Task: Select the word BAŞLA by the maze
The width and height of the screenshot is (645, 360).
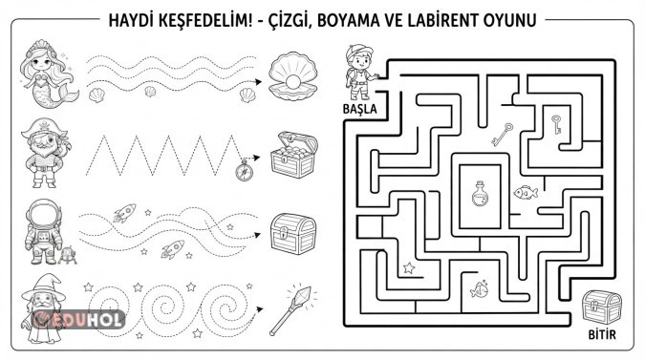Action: pos(360,109)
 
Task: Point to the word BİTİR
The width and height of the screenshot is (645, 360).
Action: pos(602,334)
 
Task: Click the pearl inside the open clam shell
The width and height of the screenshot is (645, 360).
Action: pos(293,83)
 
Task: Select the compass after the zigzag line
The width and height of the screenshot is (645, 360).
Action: pos(244,171)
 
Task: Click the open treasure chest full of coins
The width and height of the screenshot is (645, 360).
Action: pos(294,155)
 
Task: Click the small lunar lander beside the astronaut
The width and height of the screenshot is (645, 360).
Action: pos(67,255)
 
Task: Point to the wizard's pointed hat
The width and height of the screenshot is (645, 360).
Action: pos(43,286)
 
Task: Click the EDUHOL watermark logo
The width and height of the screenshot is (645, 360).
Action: pos(78,319)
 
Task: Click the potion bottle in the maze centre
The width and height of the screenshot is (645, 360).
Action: pos(480,194)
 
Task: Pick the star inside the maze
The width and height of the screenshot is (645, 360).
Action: pos(409,268)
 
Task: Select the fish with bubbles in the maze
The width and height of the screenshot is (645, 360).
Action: pos(480,289)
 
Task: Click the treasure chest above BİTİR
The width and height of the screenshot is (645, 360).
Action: pos(602,307)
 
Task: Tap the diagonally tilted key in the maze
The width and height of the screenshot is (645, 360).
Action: pos(503,135)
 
